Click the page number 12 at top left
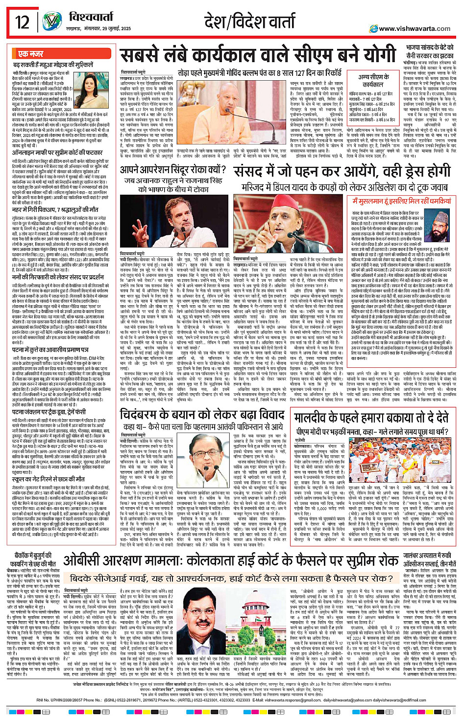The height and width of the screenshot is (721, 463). [22, 22]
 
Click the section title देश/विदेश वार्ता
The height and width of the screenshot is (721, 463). [250, 22]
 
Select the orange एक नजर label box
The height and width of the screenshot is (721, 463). [30, 54]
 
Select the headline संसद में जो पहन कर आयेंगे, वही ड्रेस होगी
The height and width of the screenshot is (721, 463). [342, 171]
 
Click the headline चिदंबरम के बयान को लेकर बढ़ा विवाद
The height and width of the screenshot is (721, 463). [203, 415]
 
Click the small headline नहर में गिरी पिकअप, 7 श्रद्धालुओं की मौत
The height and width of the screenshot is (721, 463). [56, 209]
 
